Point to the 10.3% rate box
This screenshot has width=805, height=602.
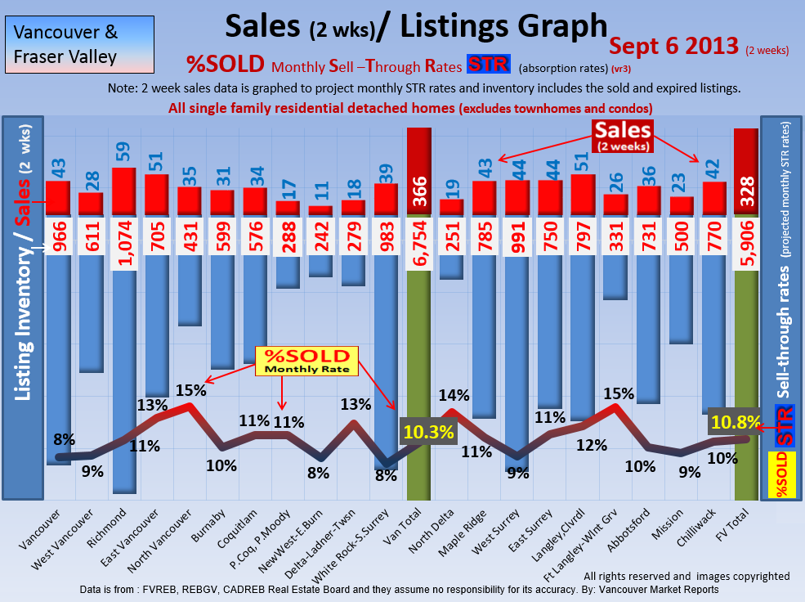click(427, 433)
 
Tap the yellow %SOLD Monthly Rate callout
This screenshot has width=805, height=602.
click(306, 361)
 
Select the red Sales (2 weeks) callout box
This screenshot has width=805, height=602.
click(623, 137)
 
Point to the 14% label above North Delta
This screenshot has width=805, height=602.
click(454, 395)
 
